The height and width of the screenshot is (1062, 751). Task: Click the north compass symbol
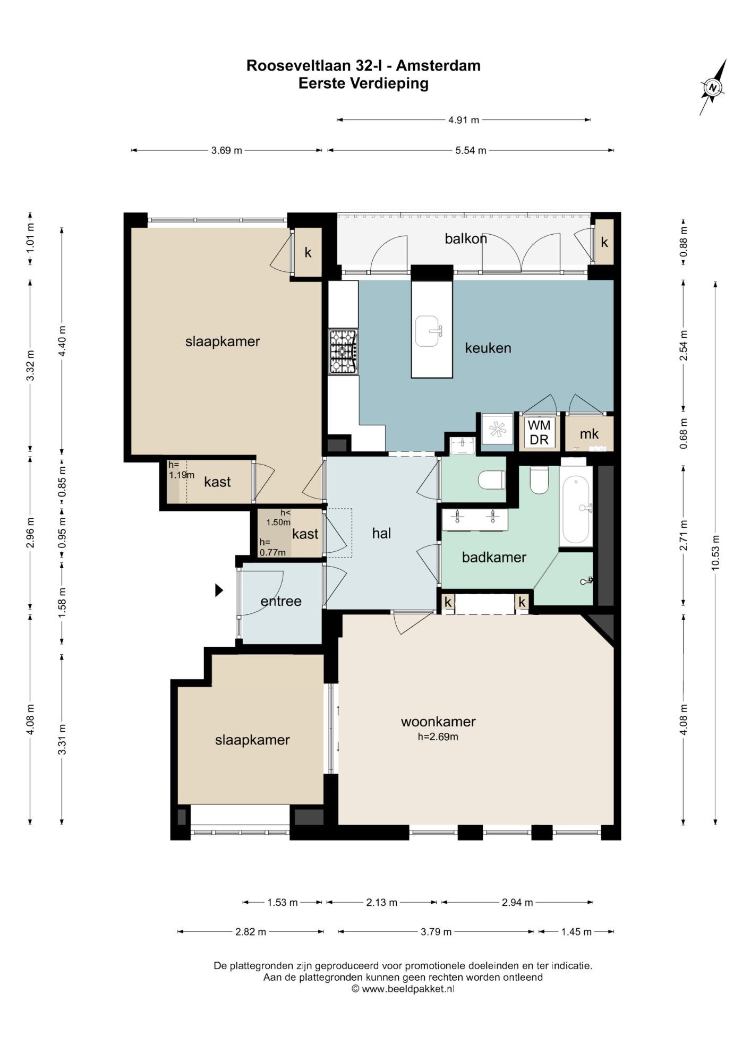(713, 88)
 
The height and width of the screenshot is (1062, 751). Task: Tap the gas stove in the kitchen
(343, 352)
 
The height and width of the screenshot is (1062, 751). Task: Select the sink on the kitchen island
(428, 331)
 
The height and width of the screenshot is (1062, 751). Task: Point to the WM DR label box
(539, 432)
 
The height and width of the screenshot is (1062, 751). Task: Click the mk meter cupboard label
(589, 434)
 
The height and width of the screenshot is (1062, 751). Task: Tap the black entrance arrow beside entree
(219, 590)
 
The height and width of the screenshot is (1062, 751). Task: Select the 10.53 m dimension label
(715, 552)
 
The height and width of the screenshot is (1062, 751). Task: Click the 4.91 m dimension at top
(464, 120)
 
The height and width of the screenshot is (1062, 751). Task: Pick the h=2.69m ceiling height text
(438, 736)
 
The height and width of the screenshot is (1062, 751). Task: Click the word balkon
(466, 238)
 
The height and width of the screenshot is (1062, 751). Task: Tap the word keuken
(488, 348)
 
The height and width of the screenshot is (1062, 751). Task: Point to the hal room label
(381, 533)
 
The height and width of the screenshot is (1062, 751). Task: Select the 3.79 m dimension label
(436, 932)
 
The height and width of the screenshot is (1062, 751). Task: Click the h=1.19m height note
(181, 470)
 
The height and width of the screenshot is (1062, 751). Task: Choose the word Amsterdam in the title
(438, 65)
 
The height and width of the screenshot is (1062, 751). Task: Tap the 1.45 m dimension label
(576, 932)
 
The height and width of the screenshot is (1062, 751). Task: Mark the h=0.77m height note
(272, 547)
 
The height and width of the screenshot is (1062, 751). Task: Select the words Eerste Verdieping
(363, 83)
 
